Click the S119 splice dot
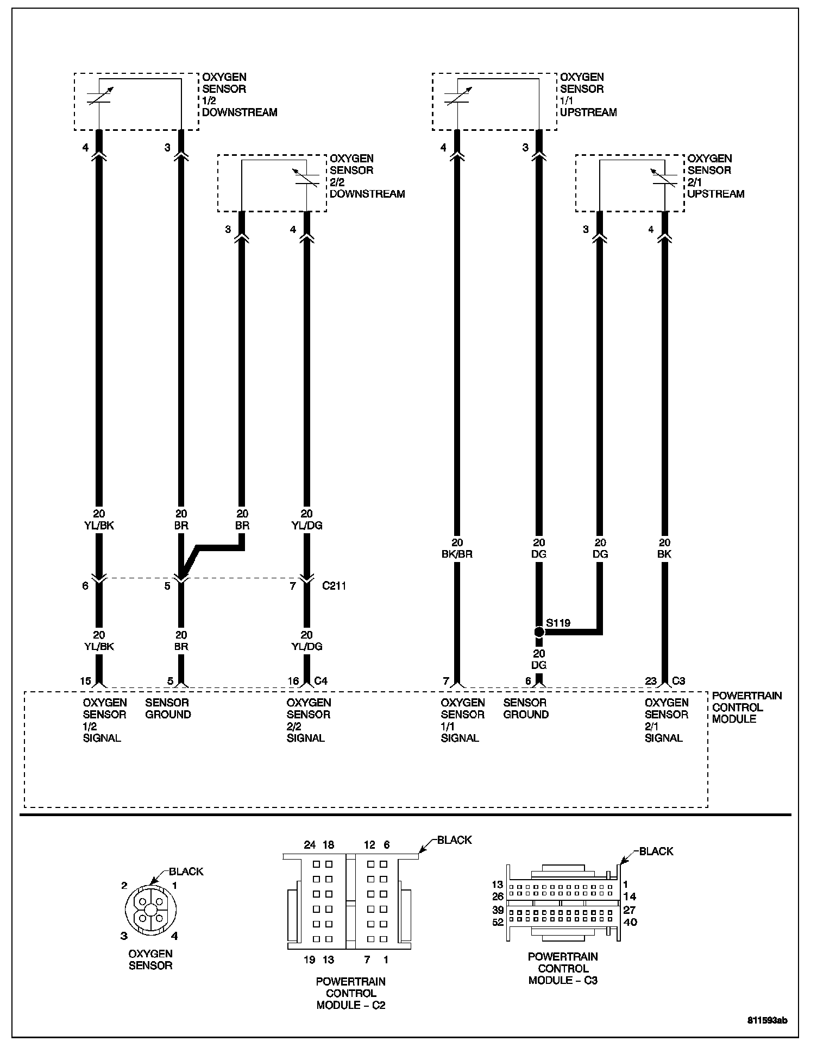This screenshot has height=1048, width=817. click(539, 632)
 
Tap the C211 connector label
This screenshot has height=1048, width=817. click(334, 586)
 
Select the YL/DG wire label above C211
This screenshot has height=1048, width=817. click(307, 525)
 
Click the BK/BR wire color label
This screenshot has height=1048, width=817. click(457, 554)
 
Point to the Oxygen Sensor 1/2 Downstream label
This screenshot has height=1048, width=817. click(239, 95)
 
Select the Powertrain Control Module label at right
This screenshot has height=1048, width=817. click(746, 707)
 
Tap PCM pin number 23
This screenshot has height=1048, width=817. click(651, 681)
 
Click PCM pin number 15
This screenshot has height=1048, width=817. click(85, 681)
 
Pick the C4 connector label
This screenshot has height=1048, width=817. click(321, 681)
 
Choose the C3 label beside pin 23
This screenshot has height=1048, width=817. click(679, 681)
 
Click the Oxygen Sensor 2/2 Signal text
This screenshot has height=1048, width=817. click(308, 720)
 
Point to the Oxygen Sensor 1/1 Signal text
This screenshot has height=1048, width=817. click(462, 720)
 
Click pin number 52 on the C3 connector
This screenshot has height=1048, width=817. click(498, 922)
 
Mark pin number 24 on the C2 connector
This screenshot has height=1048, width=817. click(310, 844)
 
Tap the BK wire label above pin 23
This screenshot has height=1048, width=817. click(664, 554)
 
